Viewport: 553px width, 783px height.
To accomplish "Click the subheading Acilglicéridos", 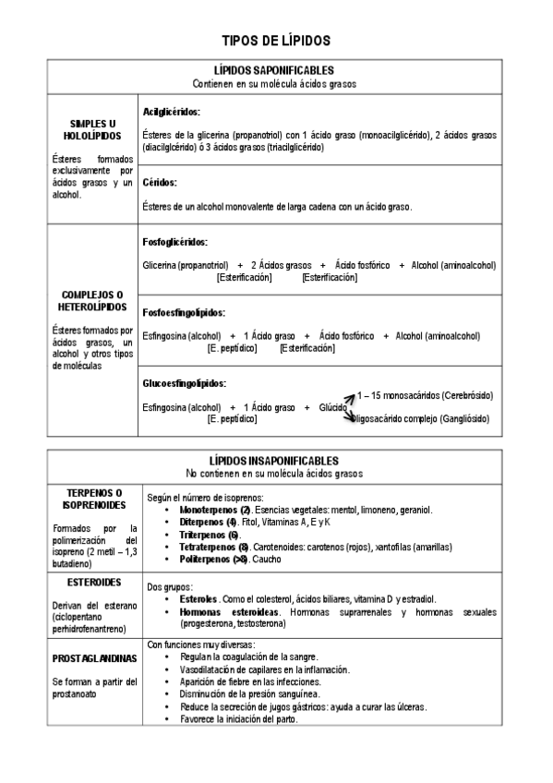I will (172, 112).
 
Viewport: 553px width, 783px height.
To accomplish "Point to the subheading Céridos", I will (160, 183).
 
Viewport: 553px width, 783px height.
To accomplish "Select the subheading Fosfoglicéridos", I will (175, 242).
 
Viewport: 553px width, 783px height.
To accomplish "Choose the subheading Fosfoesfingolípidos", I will (185, 312).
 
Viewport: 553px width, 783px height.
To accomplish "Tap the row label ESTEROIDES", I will (95, 584).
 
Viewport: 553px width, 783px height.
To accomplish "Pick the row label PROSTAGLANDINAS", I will (95, 658).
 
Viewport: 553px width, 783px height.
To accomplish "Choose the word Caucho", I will (269, 560).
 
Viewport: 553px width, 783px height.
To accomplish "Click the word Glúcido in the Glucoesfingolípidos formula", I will (332, 407).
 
